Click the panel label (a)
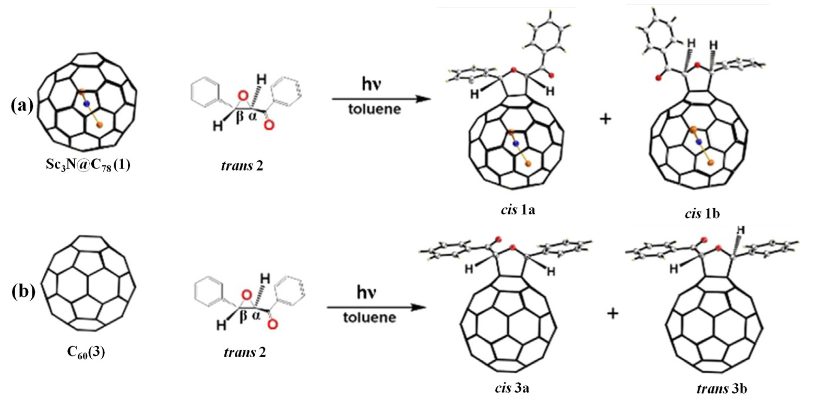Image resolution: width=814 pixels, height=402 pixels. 22,106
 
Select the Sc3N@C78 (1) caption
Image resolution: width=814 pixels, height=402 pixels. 88,165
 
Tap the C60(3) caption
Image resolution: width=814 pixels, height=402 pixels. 86,352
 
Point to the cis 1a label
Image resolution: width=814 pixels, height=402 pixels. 518,210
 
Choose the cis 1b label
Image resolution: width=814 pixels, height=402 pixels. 702,214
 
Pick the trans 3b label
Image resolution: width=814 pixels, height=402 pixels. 722,389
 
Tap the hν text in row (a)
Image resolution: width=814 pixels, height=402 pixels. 372,84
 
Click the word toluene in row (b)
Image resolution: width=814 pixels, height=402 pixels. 369,318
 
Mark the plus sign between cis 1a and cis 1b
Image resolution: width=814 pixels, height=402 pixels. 605,119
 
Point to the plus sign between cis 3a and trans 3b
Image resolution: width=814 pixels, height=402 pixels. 613,314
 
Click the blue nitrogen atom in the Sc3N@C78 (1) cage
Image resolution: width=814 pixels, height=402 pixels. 86,104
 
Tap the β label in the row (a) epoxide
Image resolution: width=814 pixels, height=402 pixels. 240,116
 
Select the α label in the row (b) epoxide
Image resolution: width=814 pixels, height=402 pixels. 256,315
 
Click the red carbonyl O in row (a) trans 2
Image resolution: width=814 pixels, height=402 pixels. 269,126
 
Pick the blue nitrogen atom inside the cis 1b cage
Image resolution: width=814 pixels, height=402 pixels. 699,141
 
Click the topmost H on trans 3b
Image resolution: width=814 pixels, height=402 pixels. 741,230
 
